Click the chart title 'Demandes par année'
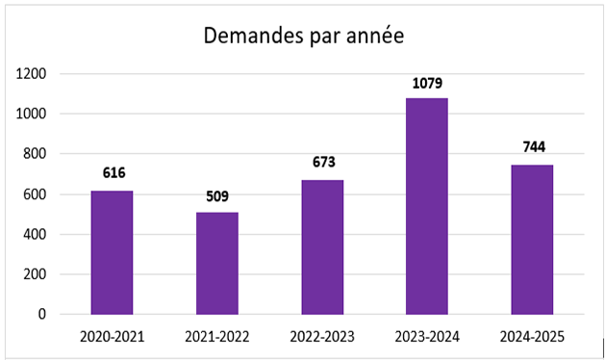[303, 37]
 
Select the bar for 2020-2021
[112, 252]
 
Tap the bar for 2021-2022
[216, 263]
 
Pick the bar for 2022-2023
[322, 246]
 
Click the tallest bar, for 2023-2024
[427, 206]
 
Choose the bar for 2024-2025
[532, 240]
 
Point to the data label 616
[113, 173]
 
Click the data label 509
[216, 195]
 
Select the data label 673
[322, 162]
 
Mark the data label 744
[532, 147]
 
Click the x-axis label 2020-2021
[112, 336]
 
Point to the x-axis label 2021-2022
[216, 336]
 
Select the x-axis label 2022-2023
[322, 336]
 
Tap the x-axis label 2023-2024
[427, 336]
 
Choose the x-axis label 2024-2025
[532, 336]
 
